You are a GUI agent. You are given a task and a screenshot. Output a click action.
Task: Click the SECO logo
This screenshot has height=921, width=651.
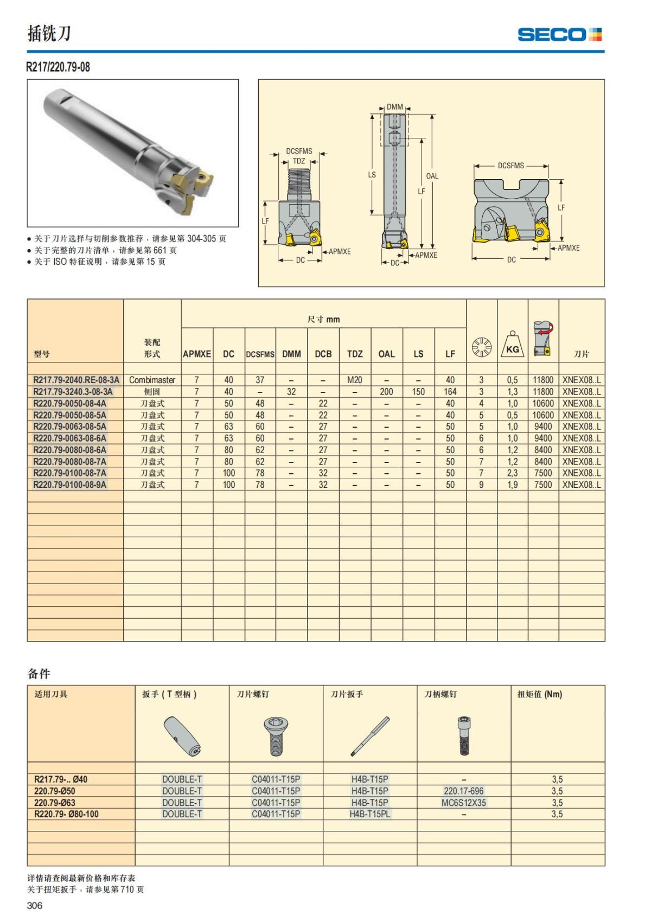pyautogui.click(x=559, y=35)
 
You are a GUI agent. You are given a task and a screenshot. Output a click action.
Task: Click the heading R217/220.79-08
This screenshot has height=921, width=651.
pyautogui.click(x=59, y=67)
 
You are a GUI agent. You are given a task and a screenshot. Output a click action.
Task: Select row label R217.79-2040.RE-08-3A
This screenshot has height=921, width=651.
pyautogui.click(x=76, y=380)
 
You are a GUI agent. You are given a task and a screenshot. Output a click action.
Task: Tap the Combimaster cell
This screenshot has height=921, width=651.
pyautogui.click(x=152, y=380)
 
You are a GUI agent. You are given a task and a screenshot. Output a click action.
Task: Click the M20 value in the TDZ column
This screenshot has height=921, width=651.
pyautogui.click(x=355, y=380)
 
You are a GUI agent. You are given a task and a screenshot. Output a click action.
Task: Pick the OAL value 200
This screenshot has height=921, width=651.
pyautogui.click(x=386, y=392)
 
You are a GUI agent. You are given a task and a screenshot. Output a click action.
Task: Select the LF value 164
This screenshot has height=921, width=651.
pyautogui.click(x=450, y=392)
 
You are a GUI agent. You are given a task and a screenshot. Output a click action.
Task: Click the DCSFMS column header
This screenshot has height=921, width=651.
pyautogui.click(x=260, y=354)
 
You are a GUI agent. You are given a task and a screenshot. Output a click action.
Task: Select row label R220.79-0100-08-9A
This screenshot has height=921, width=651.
pyautogui.click(x=70, y=485)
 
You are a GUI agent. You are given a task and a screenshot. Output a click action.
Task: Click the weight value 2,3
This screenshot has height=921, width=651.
pyautogui.click(x=512, y=473)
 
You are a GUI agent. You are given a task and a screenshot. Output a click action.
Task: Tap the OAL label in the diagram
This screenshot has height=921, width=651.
pyautogui.click(x=432, y=176)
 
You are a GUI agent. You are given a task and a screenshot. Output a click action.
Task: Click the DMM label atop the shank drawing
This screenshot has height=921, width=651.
pyautogui.click(x=395, y=107)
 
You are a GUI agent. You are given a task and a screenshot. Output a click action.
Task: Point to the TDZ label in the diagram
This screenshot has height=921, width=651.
pyautogui.click(x=299, y=161)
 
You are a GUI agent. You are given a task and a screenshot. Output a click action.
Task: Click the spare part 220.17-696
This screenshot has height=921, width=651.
pyautogui.click(x=463, y=791)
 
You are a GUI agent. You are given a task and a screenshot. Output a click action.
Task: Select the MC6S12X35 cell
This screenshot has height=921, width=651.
pyautogui.click(x=463, y=803)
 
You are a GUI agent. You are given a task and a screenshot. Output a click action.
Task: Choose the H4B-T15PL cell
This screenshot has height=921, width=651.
pyautogui.click(x=369, y=814)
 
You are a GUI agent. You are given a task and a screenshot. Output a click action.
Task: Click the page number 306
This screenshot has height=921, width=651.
pyautogui.click(x=34, y=905)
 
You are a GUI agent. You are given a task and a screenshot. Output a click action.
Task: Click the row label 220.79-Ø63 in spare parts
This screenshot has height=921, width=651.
pyautogui.click(x=54, y=803)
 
